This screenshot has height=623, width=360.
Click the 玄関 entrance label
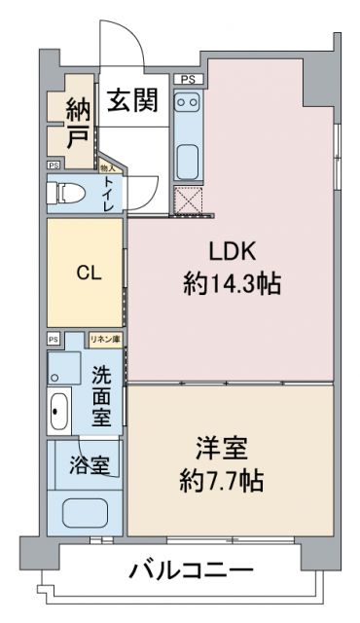pos(133,101)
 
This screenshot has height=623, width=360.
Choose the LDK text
pos(232,251)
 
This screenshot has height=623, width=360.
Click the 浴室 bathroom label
pos(88,465)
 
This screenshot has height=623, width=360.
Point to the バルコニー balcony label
pos(192,570)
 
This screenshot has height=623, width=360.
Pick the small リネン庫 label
pos(105,339)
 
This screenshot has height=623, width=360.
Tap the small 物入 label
pos(106,167)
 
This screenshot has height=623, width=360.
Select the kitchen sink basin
pos(187,157)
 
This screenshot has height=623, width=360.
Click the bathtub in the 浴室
pos(87,511)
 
